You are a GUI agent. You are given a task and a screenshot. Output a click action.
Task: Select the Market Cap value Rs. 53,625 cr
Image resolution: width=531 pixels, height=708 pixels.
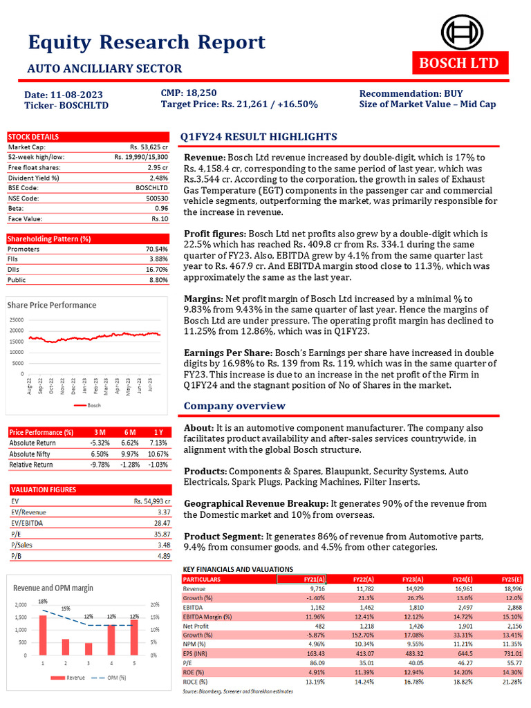pyautogui.click(x=149, y=147)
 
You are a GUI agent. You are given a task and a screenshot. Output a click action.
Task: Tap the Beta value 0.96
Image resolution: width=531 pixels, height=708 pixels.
pyautogui.click(x=162, y=208)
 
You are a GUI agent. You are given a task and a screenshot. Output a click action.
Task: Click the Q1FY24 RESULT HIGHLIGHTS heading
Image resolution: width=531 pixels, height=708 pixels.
pyautogui.click(x=259, y=137)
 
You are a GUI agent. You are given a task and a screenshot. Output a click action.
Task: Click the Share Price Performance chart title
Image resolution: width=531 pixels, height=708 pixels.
pyautogui.click(x=52, y=305)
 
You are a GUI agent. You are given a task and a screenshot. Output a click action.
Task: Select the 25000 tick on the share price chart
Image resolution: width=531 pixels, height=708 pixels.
pyautogui.click(x=17, y=319)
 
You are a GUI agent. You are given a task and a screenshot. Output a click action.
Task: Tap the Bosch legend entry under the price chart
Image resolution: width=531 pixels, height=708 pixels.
pyautogui.click(x=90, y=405)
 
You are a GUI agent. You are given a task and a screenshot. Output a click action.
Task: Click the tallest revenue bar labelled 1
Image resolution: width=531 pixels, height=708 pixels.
pyautogui.click(x=43, y=634)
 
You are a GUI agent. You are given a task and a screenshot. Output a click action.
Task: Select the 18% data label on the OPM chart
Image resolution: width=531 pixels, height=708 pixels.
pyautogui.click(x=43, y=602)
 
